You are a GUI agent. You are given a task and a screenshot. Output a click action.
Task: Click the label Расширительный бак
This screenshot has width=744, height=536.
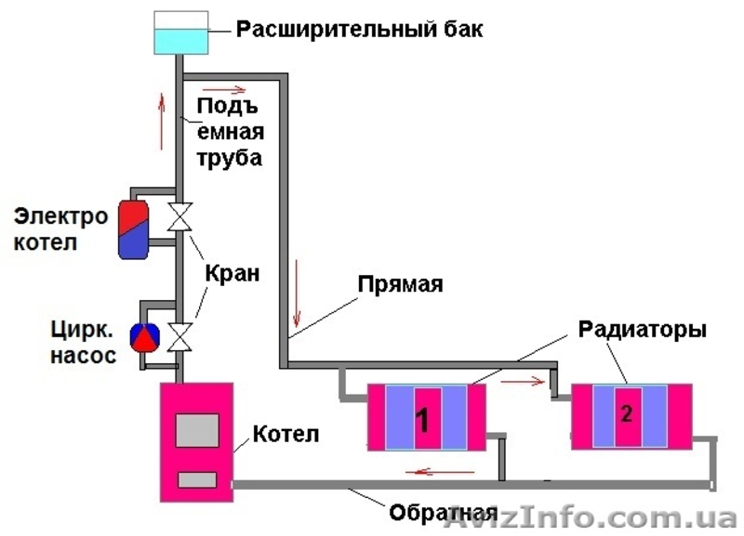[x=359, y=29]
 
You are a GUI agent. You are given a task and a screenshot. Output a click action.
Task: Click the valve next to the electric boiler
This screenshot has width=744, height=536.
[x=179, y=218]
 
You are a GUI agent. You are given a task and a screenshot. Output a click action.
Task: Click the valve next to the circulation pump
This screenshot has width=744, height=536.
[x=179, y=335]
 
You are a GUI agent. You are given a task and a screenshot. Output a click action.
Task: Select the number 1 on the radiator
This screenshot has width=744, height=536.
[x=421, y=420]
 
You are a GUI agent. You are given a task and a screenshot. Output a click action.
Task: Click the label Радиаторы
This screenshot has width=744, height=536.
[x=643, y=330]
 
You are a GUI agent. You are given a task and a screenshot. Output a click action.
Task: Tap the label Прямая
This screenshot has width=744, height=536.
[x=401, y=284]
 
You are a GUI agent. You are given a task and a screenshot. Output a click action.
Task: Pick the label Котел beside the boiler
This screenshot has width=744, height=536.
[x=286, y=434]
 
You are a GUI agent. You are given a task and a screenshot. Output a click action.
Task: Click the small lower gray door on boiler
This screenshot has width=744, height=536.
[x=197, y=479]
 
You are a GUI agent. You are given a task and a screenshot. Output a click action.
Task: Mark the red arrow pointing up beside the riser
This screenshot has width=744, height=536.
[x=164, y=120]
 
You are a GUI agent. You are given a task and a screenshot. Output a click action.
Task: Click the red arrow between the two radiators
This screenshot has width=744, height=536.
[x=522, y=380]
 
